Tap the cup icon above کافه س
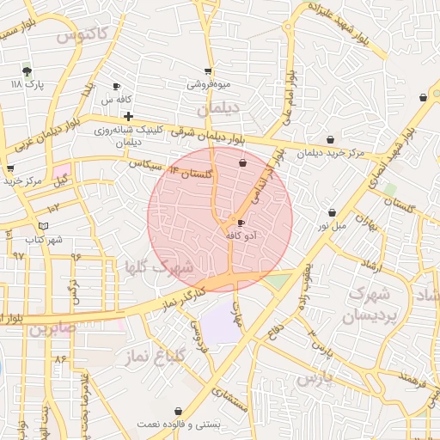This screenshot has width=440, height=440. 117,87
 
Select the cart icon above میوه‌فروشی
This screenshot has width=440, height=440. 208,71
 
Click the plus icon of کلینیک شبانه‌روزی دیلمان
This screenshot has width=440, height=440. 128,116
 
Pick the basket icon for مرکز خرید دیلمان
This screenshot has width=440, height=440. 331,140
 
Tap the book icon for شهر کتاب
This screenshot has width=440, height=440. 43,226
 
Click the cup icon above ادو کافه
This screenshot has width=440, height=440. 240,223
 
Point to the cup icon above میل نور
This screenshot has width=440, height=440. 332,213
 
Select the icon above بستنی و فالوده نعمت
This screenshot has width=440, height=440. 178,412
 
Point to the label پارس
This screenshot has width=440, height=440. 315,379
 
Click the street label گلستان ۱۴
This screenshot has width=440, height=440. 190,173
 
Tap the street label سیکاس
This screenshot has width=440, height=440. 144,164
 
